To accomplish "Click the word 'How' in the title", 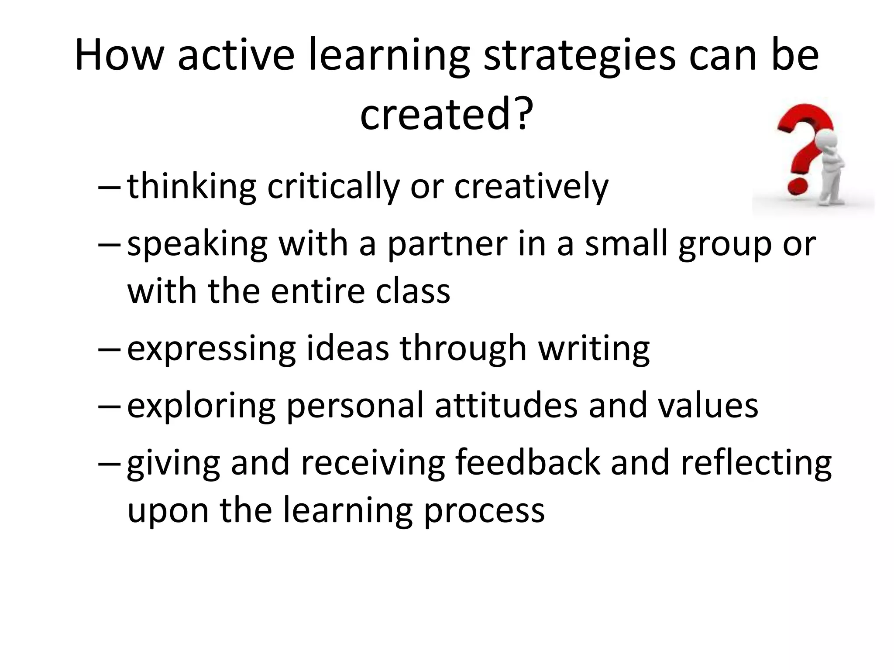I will pyautogui.click(x=119, y=55).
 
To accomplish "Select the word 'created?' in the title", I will pyautogui.click(x=447, y=115).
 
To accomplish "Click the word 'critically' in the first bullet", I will pyautogui.click(x=333, y=187).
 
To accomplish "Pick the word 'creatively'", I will pyautogui.click(x=531, y=187).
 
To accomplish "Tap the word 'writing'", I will pyautogui.click(x=594, y=349).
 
